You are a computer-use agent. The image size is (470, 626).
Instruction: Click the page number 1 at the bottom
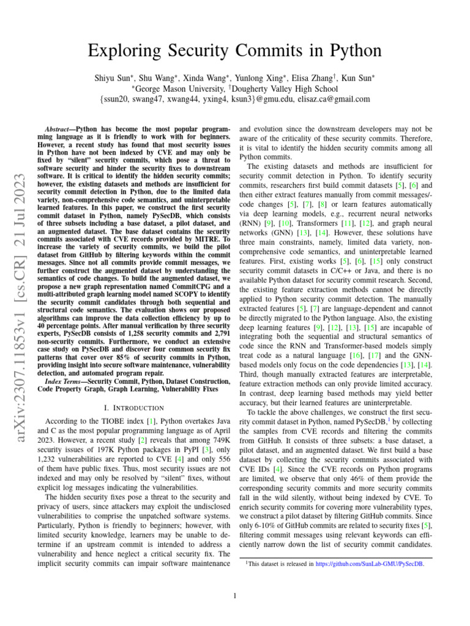[236, 596]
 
